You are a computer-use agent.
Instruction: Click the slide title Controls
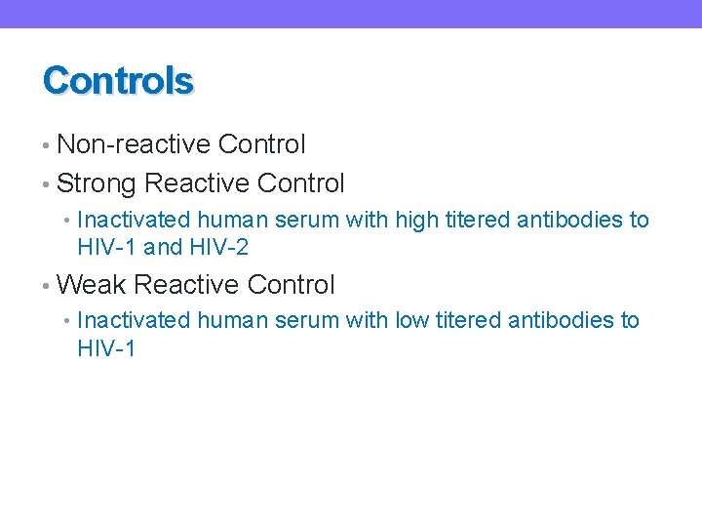click(x=118, y=81)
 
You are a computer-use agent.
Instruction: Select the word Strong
click(x=97, y=183)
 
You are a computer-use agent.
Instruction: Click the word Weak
click(x=92, y=285)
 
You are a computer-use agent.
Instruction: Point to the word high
click(x=416, y=221)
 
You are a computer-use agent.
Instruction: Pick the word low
click(x=411, y=320)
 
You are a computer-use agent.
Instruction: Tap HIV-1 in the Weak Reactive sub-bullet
click(x=106, y=348)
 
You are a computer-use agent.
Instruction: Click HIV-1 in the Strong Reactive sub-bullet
click(x=106, y=248)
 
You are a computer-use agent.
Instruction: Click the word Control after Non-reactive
click(x=262, y=145)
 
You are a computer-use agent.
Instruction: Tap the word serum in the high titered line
click(x=311, y=221)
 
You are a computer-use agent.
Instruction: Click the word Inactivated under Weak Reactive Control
click(x=134, y=320)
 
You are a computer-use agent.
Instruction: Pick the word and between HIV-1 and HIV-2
click(x=163, y=248)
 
